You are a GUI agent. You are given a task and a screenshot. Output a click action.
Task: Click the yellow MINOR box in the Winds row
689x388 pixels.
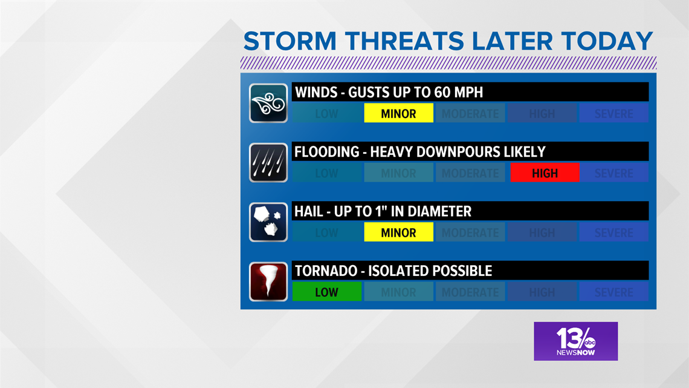click(398, 114)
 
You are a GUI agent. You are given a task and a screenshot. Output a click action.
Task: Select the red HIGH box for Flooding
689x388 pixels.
click(545, 173)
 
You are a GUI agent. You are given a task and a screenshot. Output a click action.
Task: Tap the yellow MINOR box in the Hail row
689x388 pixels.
click(398, 232)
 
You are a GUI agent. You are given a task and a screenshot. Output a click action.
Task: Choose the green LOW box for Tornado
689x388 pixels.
click(327, 292)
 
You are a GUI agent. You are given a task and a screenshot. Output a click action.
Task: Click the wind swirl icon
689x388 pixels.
click(268, 103)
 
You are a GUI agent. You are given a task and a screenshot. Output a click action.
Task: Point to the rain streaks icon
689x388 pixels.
click(268, 163)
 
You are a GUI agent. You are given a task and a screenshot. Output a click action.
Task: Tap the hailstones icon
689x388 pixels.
click(268, 222)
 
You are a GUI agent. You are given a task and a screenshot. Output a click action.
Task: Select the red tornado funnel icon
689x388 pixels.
click(268, 281)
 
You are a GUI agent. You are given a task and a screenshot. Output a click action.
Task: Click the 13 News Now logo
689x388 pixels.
click(575, 341)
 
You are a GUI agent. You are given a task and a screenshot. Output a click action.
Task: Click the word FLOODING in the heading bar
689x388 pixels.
click(326, 152)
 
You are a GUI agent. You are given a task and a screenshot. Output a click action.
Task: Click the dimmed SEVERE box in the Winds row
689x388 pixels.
click(614, 114)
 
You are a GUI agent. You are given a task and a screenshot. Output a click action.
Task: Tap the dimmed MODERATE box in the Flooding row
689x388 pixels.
click(470, 173)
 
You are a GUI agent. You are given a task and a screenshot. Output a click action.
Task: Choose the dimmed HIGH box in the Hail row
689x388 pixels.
click(542, 232)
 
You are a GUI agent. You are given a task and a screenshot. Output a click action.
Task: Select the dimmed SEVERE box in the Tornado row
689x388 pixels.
click(614, 292)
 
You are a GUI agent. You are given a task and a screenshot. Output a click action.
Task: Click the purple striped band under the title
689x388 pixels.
click(448, 63)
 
